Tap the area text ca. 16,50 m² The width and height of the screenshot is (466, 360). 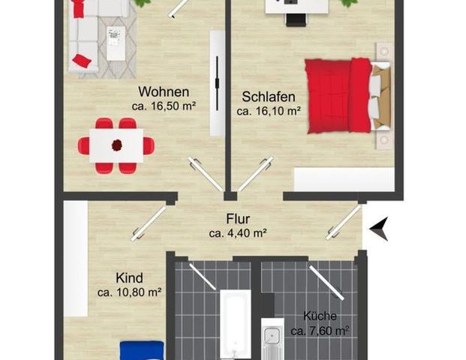tap(164, 107)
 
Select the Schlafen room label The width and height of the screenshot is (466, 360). tap(268, 97)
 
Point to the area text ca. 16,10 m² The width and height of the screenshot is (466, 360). tap(269, 111)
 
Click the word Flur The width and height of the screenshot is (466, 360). tap(238, 220)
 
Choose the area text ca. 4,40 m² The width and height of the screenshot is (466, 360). tap(238, 232)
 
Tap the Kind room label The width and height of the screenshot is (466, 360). tap(130, 277)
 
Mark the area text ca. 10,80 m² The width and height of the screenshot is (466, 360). tap(131, 292)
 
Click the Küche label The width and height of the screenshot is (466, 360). tap(320, 316)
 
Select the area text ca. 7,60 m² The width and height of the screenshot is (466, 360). tap(320, 330)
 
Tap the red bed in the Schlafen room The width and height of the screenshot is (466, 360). tap(339, 94)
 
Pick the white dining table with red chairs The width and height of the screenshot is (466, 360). tap(116, 145)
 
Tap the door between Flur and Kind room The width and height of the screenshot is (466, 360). tap(148, 223)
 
